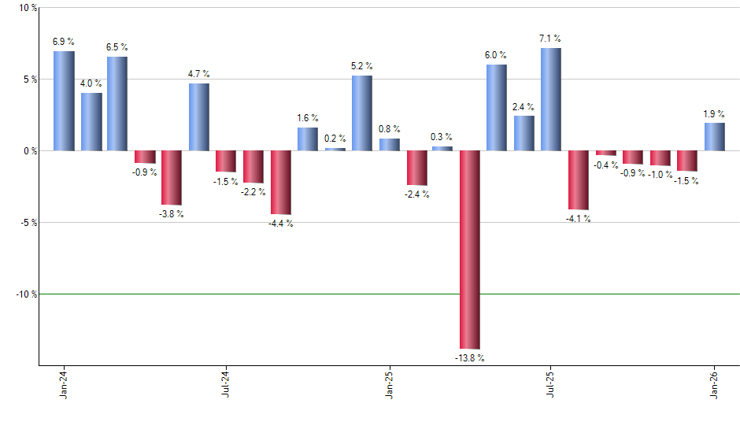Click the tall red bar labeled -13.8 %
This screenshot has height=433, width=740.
[x=470, y=250]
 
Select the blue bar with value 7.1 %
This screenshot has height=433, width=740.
[x=551, y=99]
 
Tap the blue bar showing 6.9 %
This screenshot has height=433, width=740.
[x=64, y=101]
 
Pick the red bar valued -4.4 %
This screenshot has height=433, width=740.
[x=281, y=182]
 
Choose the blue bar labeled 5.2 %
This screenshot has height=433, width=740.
[x=362, y=113]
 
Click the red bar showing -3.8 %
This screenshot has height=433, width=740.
[x=172, y=178]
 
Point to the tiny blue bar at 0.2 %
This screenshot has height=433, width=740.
[x=335, y=149]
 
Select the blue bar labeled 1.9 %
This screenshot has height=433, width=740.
[x=714, y=136]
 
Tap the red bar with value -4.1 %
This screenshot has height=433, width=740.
[x=579, y=180]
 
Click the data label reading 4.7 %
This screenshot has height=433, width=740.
[x=199, y=74]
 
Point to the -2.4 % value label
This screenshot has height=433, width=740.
[x=416, y=194]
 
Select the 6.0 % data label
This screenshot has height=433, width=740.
[x=497, y=55]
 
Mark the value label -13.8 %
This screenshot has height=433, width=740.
[x=470, y=358]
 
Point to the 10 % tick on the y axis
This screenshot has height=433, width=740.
[x=28, y=8]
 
